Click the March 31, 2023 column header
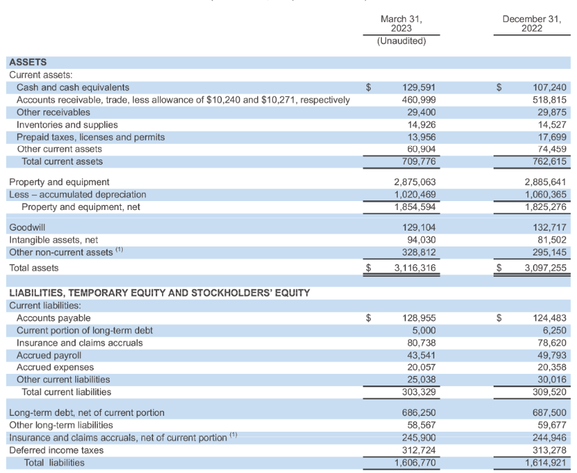401,23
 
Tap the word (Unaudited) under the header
401,41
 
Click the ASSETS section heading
28,63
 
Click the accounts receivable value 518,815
549,100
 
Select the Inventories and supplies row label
67,125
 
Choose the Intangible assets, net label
54,240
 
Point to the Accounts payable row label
53,318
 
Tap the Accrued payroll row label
48,355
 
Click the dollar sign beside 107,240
500,87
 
